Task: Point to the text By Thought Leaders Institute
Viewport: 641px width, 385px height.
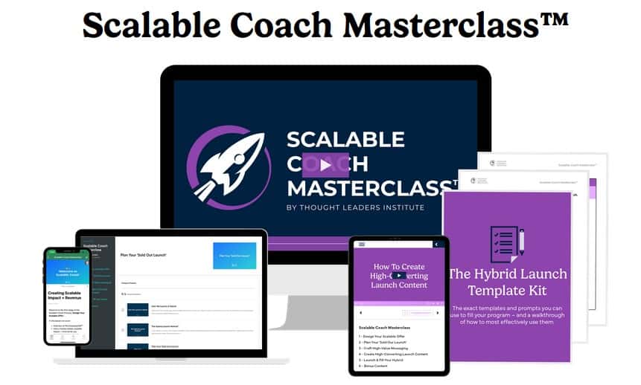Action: [355, 207]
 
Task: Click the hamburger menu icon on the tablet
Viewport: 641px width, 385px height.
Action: [362, 245]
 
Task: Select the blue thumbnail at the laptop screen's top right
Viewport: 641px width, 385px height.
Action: [235, 255]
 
